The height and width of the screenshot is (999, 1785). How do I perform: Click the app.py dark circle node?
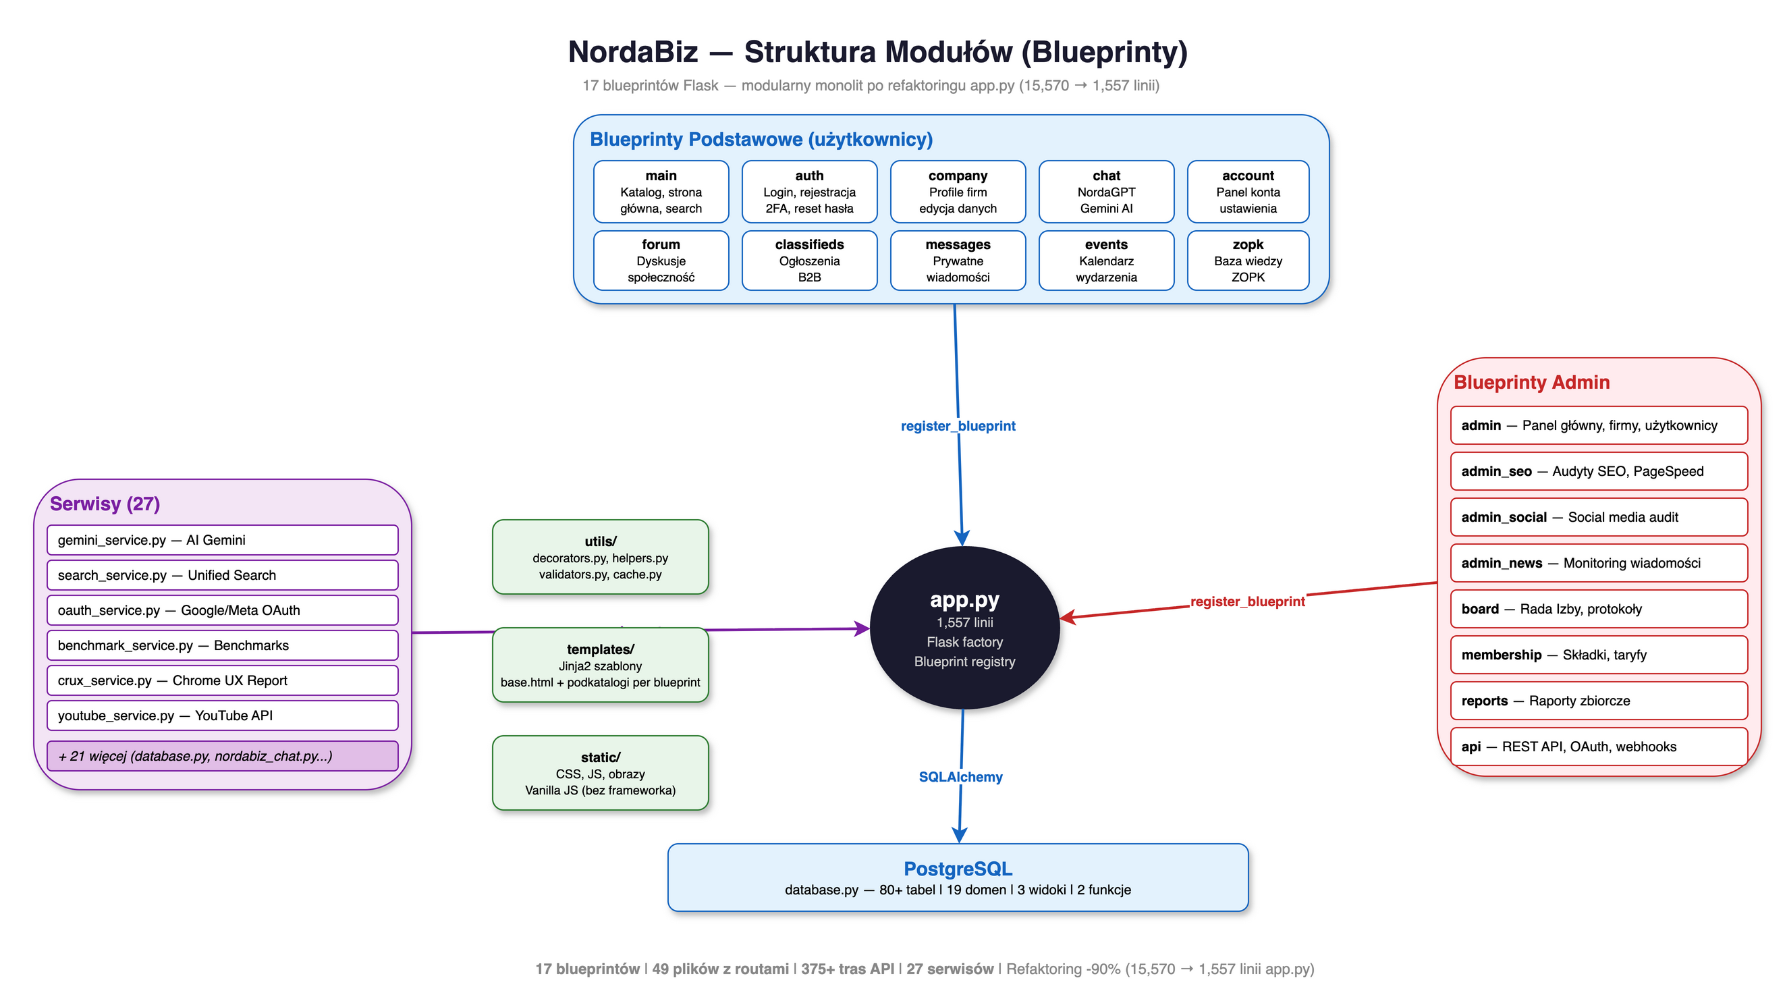coord(964,627)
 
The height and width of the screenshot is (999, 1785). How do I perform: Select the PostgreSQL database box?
coord(958,877)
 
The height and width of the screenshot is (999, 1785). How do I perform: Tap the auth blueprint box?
coord(808,191)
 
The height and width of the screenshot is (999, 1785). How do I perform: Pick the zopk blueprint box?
coord(1247,260)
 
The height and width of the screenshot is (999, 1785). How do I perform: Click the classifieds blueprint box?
coord(808,260)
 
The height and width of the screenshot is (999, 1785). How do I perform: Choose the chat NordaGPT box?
coord(1106,191)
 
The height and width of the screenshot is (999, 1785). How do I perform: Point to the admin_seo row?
coord(1598,471)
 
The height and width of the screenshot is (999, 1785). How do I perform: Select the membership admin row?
coord(1598,655)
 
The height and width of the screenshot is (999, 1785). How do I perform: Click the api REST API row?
coord(1598,747)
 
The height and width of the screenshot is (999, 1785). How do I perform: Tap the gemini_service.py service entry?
coord(222,540)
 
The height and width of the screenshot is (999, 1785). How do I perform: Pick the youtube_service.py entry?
coord(222,715)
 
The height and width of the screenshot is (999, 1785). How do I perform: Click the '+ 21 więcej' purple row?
coord(222,756)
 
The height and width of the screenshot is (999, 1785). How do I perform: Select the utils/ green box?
coord(600,558)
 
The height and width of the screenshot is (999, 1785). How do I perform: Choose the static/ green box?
coord(600,773)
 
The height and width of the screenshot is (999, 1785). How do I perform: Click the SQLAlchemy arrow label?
coord(960,777)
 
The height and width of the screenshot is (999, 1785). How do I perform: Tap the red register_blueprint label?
coord(1247,601)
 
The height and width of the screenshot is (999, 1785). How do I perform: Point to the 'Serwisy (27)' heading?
coord(105,504)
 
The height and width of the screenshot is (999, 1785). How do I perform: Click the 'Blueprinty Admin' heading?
coord(1531,383)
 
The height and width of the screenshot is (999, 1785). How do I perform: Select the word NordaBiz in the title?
coord(632,52)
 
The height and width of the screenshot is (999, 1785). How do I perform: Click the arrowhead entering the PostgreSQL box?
coord(959,836)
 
